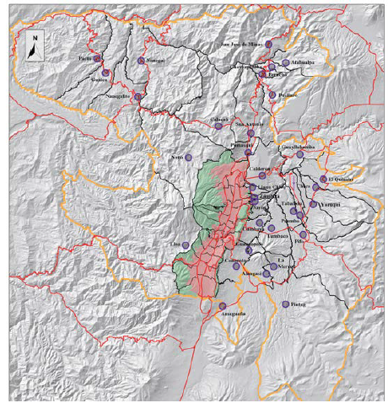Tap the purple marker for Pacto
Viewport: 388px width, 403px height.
pos(98,57)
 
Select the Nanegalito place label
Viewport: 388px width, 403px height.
pos(110,96)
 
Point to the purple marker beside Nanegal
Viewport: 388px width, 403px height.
pos(139,61)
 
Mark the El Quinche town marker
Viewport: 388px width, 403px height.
pos(323,180)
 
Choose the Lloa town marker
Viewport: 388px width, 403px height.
pos(189,244)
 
